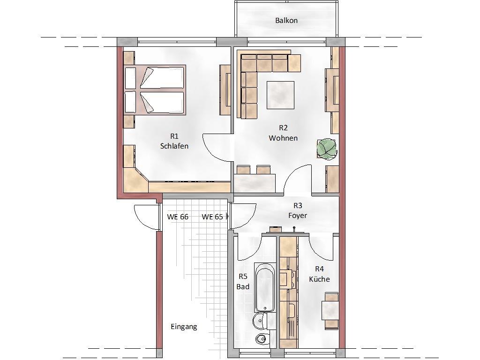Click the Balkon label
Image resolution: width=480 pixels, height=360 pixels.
pyautogui.click(x=286, y=21)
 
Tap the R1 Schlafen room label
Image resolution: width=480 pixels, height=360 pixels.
pyautogui.click(x=174, y=141)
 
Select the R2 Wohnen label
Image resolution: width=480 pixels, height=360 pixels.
pyautogui.click(x=283, y=133)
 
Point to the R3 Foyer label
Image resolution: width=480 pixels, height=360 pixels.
pyautogui.click(x=298, y=210)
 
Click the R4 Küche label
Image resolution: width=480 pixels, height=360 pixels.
pyautogui.click(x=319, y=274)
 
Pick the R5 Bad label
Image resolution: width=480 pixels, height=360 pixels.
pyautogui.click(x=243, y=282)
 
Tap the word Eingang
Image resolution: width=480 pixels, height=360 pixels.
pyautogui.click(x=184, y=327)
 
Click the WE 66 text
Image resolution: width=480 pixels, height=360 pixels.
pyautogui.click(x=178, y=217)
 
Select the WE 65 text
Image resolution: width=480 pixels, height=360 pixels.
pyautogui.click(x=212, y=217)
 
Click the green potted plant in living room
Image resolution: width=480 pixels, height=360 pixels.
pyautogui.click(x=326, y=149)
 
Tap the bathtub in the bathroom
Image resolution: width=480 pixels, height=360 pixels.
pyautogui.click(x=265, y=287)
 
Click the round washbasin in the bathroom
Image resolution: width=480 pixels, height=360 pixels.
pyautogui.click(x=260, y=321)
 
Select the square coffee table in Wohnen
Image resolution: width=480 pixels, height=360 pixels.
pyautogui.click(x=280, y=95)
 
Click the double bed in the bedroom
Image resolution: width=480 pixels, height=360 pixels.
pyautogui.click(x=155, y=90)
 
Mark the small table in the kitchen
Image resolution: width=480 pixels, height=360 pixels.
pyautogui.click(x=330, y=310)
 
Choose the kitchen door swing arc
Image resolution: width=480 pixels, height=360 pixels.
pyautogui.click(x=320, y=249)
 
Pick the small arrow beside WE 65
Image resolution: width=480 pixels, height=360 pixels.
pyautogui.click(x=227, y=217)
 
